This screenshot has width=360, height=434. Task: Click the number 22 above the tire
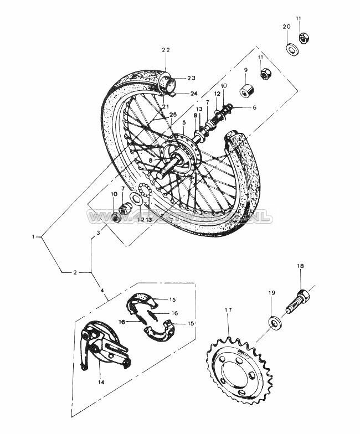(165, 50)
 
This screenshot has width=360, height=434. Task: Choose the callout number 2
(74, 272)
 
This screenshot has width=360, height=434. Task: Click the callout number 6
(254, 107)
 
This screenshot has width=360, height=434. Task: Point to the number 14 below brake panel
(101, 382)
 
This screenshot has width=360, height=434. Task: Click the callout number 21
(164, 106)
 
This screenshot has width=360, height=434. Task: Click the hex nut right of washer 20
(304, 38)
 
